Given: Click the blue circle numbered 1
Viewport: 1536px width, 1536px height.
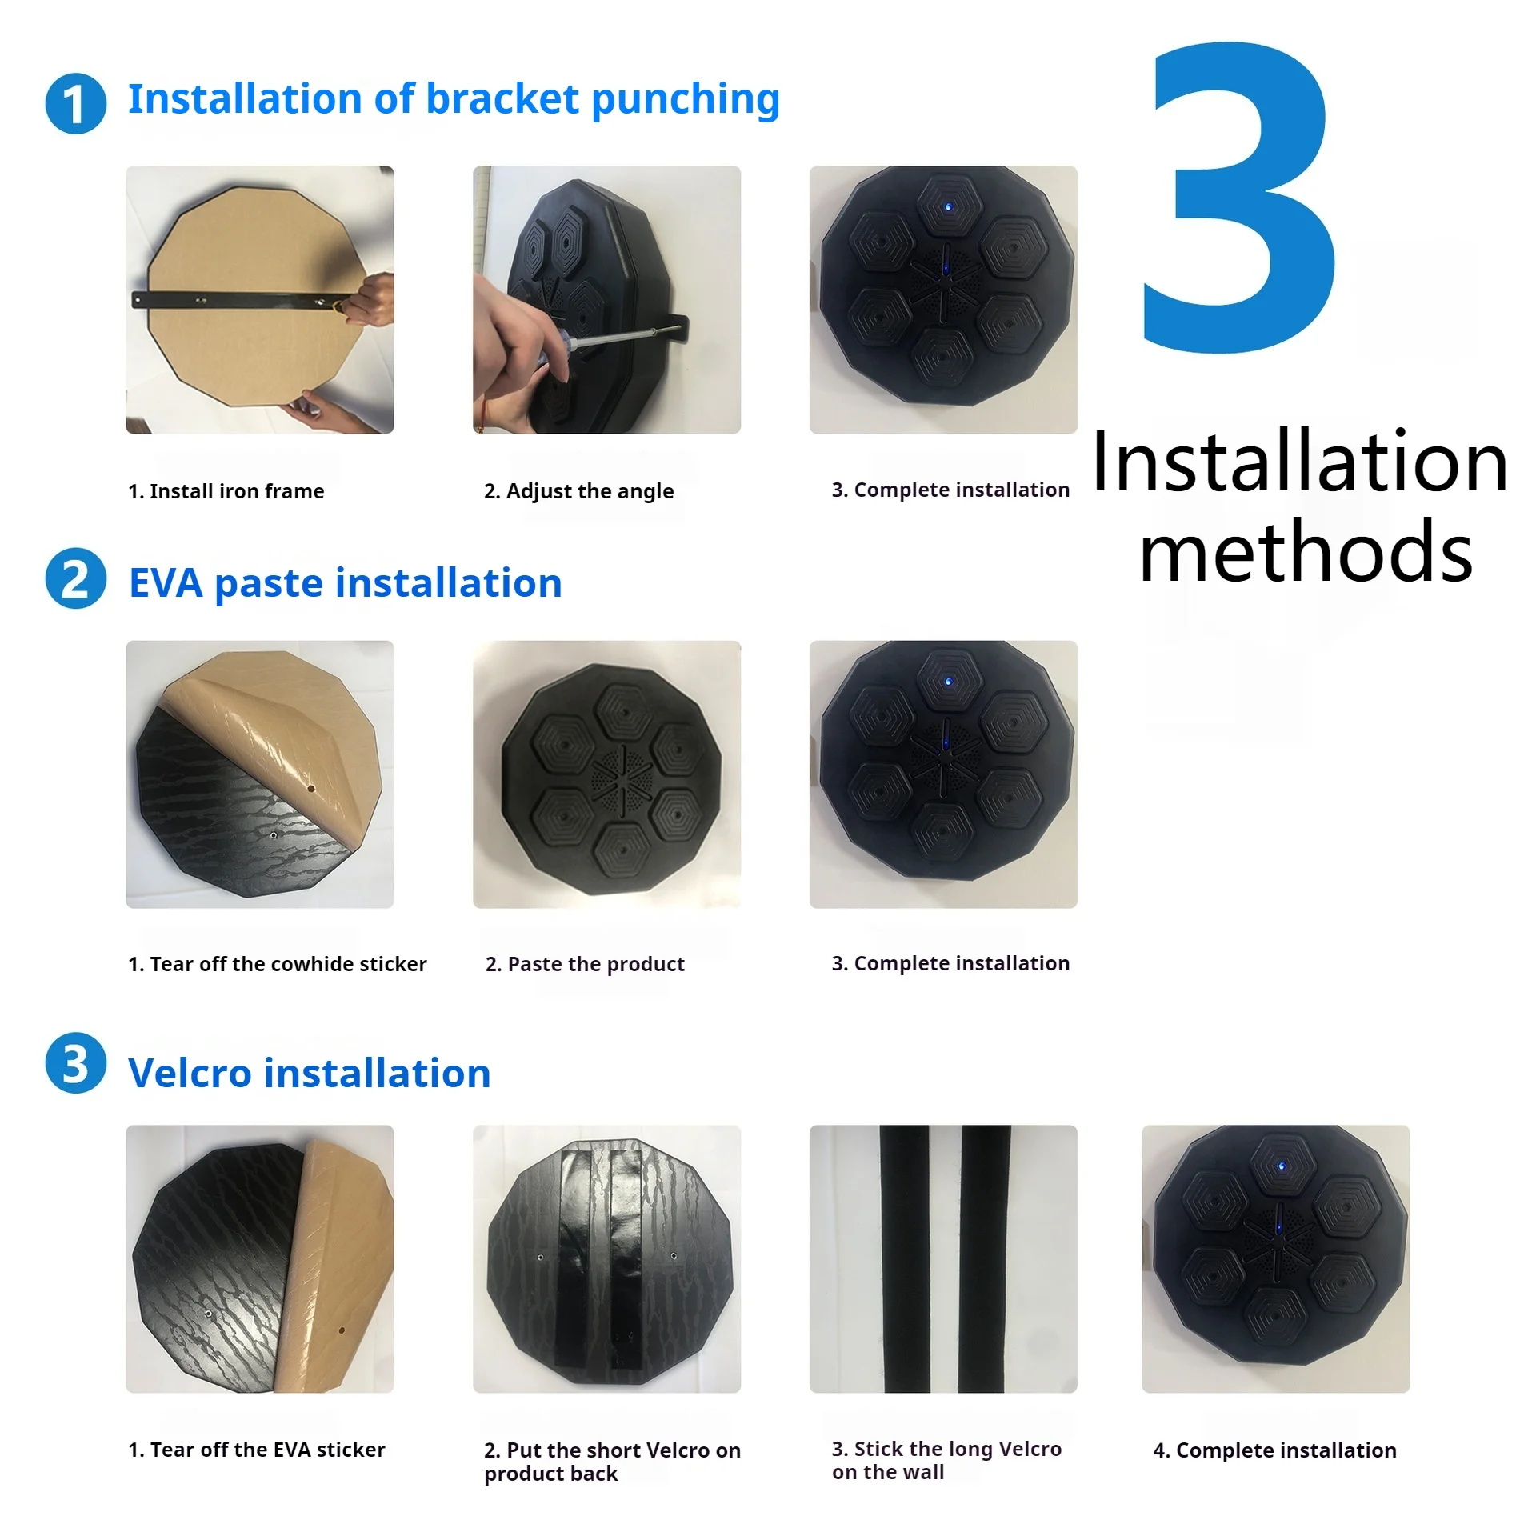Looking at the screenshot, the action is (75, 104).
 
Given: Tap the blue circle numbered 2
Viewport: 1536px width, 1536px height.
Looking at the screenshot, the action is (75, 578).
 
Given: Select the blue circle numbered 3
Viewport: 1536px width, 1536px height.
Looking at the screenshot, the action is (75, 1063).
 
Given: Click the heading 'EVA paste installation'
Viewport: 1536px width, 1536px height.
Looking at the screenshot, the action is (345, 583).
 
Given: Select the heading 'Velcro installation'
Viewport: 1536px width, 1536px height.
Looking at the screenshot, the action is (310, 1073).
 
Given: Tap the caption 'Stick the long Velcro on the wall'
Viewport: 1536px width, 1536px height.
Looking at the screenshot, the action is (946, 1460).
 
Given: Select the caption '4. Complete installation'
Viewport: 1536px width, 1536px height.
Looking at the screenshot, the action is (1274, 1450).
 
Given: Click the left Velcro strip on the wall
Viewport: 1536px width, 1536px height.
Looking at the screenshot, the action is (905, 1258).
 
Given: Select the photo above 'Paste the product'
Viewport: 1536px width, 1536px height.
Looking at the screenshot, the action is (606, 774).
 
